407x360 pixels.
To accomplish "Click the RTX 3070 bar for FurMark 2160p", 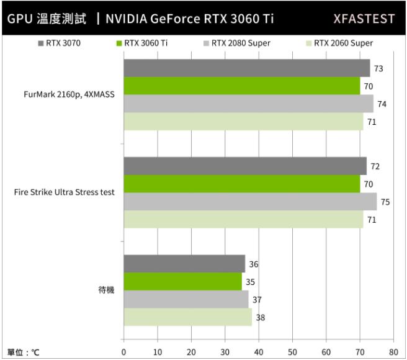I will tap(246, 68).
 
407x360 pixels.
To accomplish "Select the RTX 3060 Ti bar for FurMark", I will tap(242, 86).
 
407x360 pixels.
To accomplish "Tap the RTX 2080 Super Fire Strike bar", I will tap(250, 202).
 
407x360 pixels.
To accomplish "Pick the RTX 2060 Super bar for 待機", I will tap(188, 317).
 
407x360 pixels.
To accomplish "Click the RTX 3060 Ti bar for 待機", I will tap(183, 281).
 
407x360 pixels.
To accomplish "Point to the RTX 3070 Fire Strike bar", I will tap(245, 166).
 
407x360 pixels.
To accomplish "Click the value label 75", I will tap(385, 202).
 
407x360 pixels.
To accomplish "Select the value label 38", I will tap(260, 317).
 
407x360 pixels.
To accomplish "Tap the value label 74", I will tap(382, 104).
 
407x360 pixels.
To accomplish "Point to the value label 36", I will tap(253, 264).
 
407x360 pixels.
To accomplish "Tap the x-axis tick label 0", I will tap(124, 352).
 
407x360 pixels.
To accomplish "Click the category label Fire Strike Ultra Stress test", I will tap(64, 192).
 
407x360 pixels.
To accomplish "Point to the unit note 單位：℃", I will tap(24, 352).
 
